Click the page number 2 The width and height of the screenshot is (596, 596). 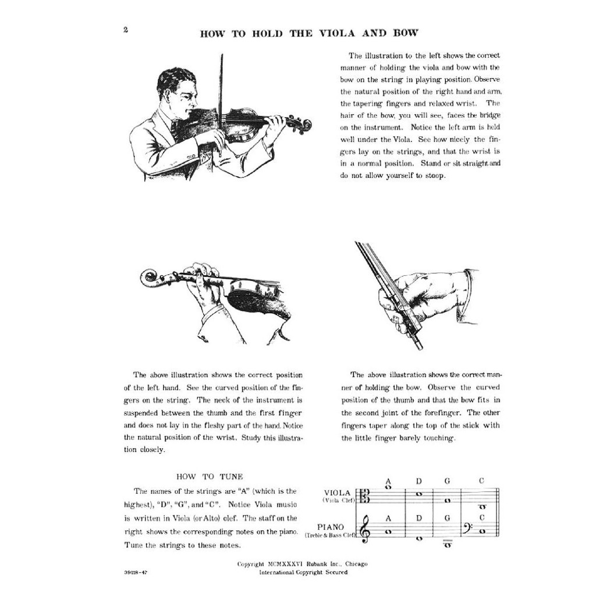coord(125,30)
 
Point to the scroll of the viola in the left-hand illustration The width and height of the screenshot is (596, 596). coord(151,277)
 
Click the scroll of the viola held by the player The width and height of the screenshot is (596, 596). coord(303,124)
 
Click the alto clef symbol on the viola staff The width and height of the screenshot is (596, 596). coord(366,495)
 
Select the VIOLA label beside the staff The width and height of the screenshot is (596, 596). coord(337,492)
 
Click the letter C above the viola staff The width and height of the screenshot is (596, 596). coord(481,480)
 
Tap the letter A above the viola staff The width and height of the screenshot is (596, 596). coord(388,481)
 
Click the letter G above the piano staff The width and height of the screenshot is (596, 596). coord(447,517)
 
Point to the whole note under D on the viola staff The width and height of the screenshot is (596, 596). coord(418,494)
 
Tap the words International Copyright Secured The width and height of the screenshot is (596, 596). coord(303,572)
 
